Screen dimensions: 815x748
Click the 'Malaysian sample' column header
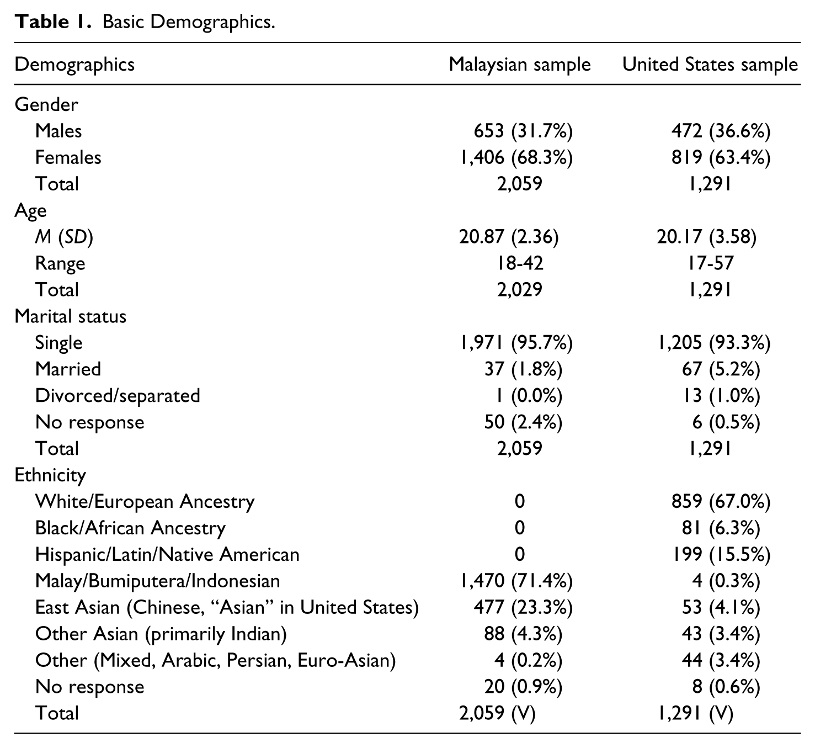click(x=520, y=65)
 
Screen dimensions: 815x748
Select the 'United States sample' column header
click(x=710, y=65)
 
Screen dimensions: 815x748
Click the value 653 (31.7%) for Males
click(x=523, y=131)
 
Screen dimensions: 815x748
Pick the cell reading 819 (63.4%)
click(x=721, y=157)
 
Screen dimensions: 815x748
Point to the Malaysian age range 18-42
click(x=520, y=263)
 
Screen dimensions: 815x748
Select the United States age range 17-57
click(x=710, y=263)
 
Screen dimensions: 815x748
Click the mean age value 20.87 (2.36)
click(x=509, y=237)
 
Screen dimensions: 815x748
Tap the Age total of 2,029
click(x=520, y=290)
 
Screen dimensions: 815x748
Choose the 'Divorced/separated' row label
click(x=118, y=396)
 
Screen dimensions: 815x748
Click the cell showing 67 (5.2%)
click(x=721, y=369)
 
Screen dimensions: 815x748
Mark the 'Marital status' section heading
click(x=70, y=316)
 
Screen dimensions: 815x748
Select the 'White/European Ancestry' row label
click(x=145, y=501)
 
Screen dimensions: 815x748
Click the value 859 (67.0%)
click(x=721, y=501)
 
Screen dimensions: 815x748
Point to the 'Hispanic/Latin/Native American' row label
click(x=167, y=554)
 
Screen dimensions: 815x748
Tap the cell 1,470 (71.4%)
click(x=516, y=581)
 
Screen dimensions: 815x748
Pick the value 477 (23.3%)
click(x=523, y=607)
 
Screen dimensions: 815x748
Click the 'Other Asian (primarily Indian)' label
click(x=161, y=634)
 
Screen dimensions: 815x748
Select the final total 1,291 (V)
click(x=695, y=713)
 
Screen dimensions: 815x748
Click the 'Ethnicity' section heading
click(x=50, y=475)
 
